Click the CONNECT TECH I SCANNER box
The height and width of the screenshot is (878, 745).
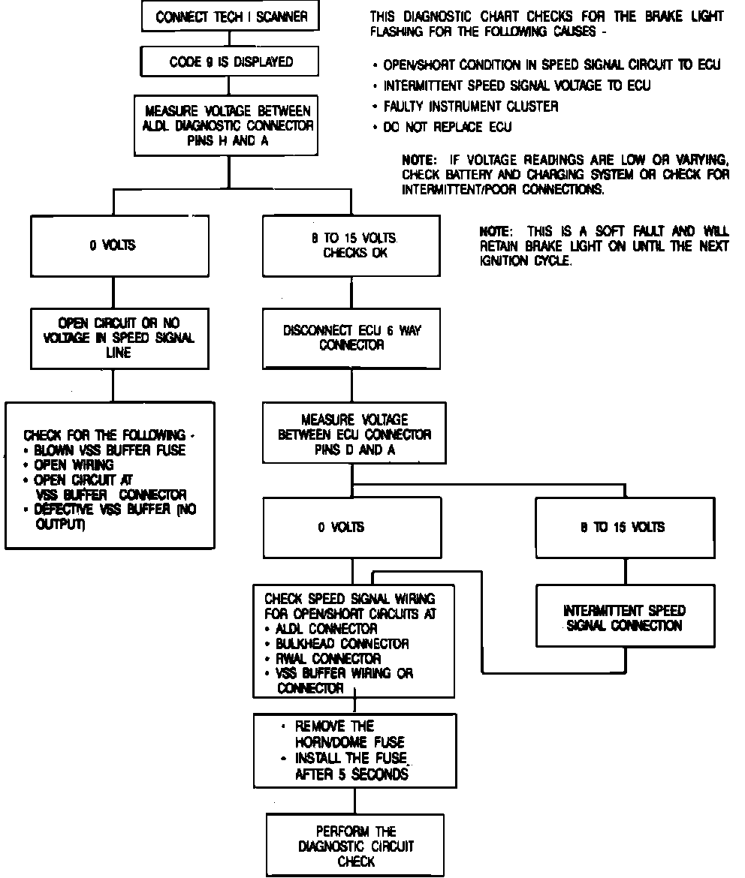231,17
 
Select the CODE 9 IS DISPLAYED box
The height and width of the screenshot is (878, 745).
231,62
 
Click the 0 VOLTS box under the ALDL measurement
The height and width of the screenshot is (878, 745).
113,245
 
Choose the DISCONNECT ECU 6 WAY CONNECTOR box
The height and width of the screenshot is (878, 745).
351,338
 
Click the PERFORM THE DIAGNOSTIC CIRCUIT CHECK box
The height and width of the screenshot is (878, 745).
356,846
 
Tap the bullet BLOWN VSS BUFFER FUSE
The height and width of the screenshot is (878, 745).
110,450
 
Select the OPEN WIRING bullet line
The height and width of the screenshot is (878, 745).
74,465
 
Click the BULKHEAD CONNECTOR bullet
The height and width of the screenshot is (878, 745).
342,644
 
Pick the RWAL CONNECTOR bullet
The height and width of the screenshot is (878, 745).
328,659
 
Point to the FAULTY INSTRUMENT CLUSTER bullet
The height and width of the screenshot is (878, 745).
470,107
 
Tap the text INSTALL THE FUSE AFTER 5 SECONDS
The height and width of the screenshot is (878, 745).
351,765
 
